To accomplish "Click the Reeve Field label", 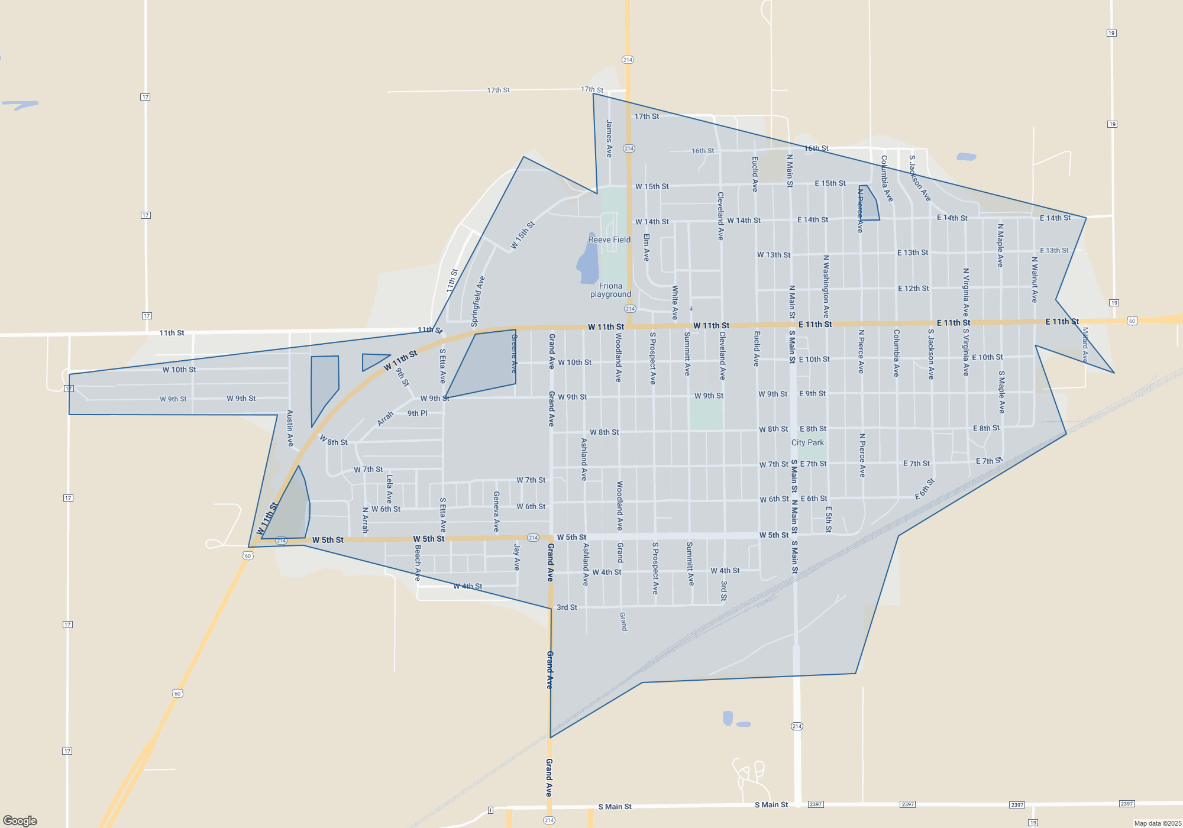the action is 609,240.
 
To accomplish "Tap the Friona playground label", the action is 610,290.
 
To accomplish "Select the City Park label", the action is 807,442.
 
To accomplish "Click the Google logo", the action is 20,820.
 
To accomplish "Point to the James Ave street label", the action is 609,138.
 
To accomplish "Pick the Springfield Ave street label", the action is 478,301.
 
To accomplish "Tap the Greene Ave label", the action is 514,353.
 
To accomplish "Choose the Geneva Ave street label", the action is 496,511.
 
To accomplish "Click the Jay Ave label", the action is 516,557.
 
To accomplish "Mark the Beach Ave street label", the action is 418,562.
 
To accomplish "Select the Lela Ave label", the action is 389,489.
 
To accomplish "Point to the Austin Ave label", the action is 290,428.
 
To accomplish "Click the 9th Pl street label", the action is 417,413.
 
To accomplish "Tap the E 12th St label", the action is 913,289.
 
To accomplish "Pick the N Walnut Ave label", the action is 1035,279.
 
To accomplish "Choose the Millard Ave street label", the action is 1085,344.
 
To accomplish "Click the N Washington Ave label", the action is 826,286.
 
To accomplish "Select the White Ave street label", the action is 674,303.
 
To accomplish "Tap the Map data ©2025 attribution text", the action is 1158,823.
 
